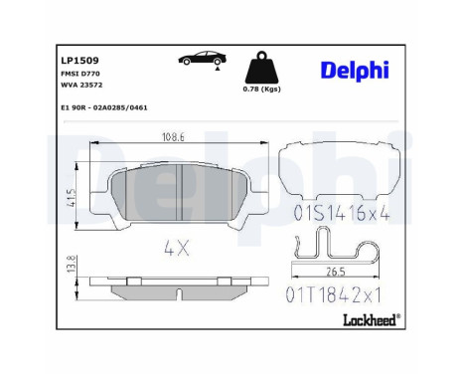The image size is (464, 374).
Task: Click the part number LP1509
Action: (x=79, y=61)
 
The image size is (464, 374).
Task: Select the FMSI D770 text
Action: (x=80, y=74)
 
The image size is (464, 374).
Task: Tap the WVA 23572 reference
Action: (x=81, y=85)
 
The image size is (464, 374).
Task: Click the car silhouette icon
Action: (x=203, y=59)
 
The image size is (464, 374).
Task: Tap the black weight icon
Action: (x=261, y=68)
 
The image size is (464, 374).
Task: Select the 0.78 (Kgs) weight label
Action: (x=261, y=89)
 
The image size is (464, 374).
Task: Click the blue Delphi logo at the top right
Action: (x=355, y=71)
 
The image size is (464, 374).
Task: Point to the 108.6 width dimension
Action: (x=173, y=136)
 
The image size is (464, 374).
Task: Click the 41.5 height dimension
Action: (x=73, y=198)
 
